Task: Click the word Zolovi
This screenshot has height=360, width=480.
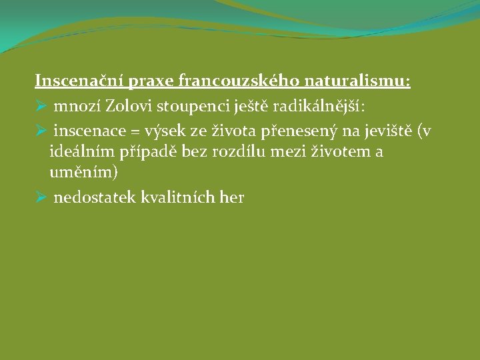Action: (x=129, y=106)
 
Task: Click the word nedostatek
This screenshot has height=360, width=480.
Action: (x=95, y=197)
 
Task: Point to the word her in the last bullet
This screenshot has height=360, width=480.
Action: (x=231, y=197)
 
